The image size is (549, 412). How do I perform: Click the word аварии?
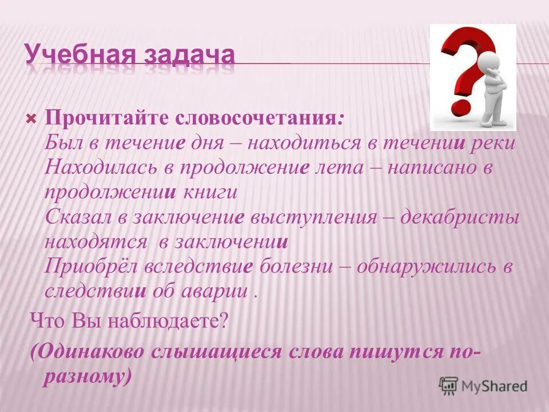click(217, 291)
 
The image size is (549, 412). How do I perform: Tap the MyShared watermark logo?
click(483, 386)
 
